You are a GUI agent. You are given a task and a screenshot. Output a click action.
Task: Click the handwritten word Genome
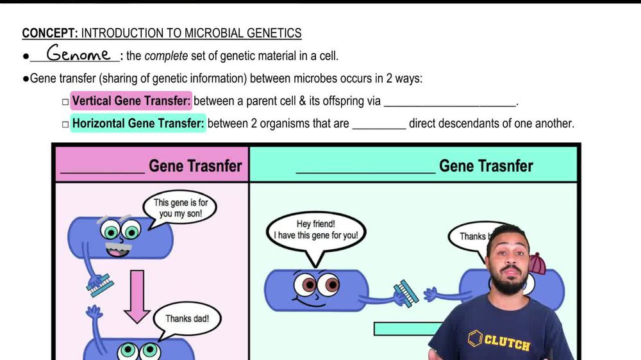click(78, 53)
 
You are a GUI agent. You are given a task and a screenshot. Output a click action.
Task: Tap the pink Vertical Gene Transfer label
click(131, 101)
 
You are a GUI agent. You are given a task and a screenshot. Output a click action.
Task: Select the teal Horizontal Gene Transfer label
click(138, 124)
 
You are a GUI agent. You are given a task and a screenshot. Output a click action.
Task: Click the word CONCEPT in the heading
click(49, 33)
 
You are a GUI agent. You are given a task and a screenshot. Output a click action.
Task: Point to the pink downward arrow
click(137, 297)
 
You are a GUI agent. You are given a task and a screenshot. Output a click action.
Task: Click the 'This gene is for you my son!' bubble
click(180, 208)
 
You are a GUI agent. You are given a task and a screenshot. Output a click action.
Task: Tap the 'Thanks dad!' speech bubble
click(187, 319)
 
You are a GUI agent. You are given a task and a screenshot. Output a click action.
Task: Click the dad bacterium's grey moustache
click(119, 247)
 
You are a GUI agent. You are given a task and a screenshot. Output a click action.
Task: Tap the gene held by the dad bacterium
click(101, 286)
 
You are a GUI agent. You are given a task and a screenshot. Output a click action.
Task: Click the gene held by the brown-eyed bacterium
click(406, 293)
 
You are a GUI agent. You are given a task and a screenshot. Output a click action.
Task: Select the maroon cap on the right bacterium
click(537, 263)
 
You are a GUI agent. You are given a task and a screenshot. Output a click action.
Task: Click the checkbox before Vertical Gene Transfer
click(65, 102)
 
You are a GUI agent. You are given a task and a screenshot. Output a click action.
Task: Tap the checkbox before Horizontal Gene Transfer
click(65, 124)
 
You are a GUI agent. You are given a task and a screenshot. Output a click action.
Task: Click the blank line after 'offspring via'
click(450, 106)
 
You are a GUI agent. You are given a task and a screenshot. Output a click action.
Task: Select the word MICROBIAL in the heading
click(213, 33)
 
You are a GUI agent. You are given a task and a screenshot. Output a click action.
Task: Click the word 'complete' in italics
click(166, 56)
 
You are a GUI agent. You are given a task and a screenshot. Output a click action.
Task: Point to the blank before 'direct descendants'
click(379, 129)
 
